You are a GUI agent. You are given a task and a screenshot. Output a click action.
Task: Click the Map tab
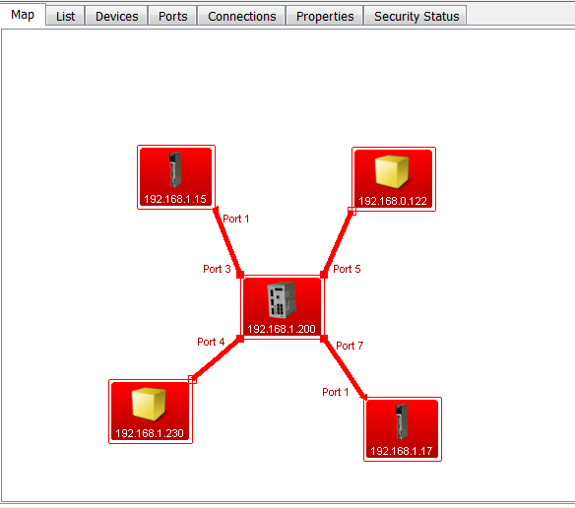tap(23, 15)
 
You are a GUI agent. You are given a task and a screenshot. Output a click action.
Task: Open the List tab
tap(65, 16)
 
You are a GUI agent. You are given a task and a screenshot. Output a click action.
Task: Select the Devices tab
tap(116, 16)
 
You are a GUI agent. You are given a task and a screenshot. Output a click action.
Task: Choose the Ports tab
tap(172, 16)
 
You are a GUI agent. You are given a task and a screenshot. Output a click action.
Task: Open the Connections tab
tap(241, 16)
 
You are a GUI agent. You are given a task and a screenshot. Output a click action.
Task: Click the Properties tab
tap(325, 16)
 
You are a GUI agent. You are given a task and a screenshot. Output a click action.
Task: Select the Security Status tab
tap(416, 16)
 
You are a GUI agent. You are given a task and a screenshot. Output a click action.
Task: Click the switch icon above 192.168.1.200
tap(282, 300)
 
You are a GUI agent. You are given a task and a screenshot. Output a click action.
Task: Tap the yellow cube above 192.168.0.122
tap(392, 171)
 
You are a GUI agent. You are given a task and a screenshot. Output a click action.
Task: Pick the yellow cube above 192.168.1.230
tap(149, 404)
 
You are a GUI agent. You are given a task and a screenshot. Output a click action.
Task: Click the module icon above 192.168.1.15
tap(175, 169)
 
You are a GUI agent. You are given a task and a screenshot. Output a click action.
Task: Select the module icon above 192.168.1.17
tap(402, 421)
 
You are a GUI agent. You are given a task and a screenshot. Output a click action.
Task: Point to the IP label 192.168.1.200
tap(282, 329)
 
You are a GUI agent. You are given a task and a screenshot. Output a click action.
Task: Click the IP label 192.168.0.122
tap(393, 201)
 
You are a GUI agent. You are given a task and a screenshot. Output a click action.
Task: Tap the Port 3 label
tap(217, 269)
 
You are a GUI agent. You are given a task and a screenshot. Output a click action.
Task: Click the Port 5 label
tap(347, 269)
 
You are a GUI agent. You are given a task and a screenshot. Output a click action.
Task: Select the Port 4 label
tap(211, 342)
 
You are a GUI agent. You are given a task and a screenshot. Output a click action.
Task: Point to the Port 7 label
tap(350, 346)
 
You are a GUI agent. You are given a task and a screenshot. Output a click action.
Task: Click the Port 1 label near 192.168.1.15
tap(235, 219)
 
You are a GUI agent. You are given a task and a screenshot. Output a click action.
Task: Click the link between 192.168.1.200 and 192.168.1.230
tap(216, 359)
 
